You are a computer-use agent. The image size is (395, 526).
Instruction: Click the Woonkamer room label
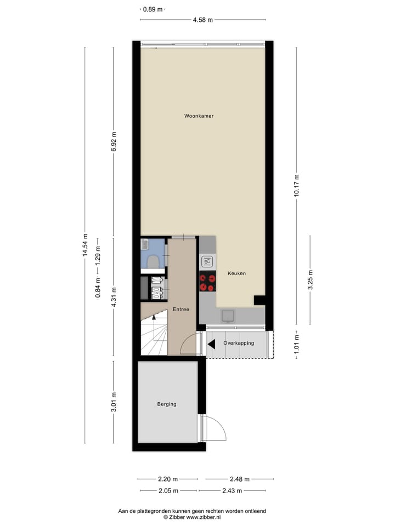click(199, 116)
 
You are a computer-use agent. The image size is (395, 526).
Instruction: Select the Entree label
click(180, 310)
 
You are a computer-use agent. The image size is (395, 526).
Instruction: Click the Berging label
click(167, 404)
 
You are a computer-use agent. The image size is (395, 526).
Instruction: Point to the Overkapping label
click(239, 343)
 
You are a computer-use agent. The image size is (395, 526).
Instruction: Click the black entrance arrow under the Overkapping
click(211, 344)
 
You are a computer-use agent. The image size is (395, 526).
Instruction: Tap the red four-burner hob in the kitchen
click(207, 282)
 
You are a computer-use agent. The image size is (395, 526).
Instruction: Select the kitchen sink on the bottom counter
click(228, 316)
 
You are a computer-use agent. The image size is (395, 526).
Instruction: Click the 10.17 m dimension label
click(297, 185)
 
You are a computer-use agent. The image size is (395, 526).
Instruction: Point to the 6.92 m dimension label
click(114, 142)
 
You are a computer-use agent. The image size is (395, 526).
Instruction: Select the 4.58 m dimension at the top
click(202, 20)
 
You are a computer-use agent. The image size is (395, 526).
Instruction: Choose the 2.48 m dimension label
click(239, 478)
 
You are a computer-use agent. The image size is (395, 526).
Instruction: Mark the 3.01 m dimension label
click(114, 402)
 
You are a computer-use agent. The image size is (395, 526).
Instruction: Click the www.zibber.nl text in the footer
click(203, 517)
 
